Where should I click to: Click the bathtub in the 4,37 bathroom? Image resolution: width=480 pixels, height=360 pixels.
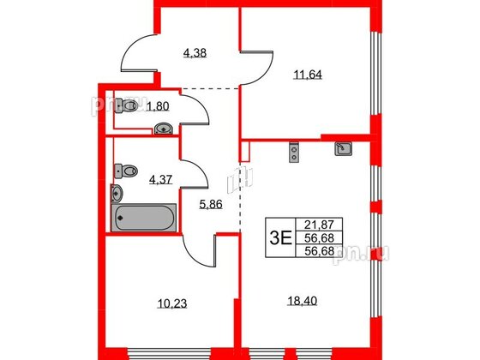(144, 217)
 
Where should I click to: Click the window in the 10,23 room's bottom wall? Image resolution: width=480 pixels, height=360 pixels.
(171, 351)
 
